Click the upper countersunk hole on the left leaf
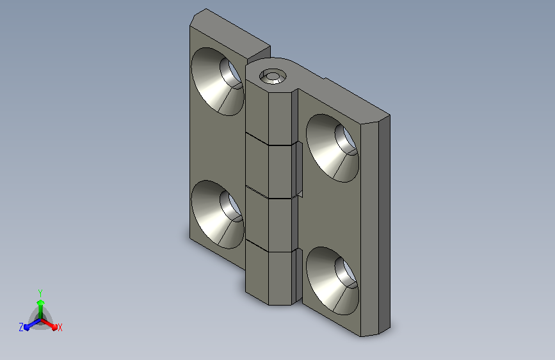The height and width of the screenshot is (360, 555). (x=218, y=81)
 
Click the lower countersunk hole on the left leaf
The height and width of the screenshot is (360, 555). (x=218, y=215)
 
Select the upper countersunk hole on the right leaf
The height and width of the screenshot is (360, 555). (x=332, y=148)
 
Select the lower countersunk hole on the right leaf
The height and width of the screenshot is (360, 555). (x=332, y=281)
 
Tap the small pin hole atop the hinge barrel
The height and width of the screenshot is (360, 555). (x=273, y=76)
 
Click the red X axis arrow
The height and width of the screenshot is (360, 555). (x=49, y=324)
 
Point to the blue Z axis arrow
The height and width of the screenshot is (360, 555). (x=32, y=324)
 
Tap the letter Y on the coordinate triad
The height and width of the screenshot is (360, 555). (x=40, y=293)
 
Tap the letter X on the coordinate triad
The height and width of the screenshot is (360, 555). (x=60, y=327)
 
